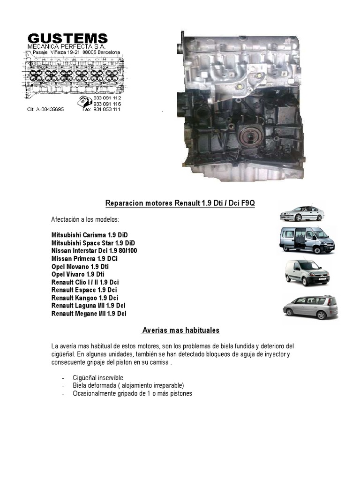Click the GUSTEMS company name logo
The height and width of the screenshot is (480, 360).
point(67,38)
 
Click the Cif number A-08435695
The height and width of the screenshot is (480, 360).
point(45,110)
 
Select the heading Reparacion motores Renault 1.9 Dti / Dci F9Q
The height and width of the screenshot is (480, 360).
point(180,203)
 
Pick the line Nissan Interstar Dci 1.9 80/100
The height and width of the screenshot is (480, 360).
point(94,251)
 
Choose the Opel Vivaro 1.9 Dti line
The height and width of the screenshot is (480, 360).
point(78,274)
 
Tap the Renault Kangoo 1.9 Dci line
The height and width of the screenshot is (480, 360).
point(85,298)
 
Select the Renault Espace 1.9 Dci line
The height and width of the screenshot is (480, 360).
point(84,290)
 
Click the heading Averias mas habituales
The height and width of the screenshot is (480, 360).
point(180,330)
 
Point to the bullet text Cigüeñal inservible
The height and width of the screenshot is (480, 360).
point(98,378)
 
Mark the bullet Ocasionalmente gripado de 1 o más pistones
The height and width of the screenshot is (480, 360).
point(133,394)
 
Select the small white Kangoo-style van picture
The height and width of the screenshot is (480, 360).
point(307,272)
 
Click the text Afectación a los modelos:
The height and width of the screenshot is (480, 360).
point(85,219)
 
